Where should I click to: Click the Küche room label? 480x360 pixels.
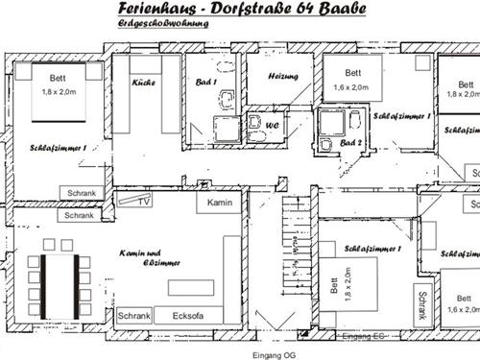(x=144, y=83)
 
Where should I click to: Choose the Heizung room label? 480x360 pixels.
(x=284, y=76)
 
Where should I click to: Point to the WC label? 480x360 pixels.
(x=272, y=126)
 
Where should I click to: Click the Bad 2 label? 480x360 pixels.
(x=350, y=142)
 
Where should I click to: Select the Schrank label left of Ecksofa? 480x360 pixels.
(x=134, y=315)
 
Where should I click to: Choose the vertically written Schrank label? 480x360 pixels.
(x=420, y=304)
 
